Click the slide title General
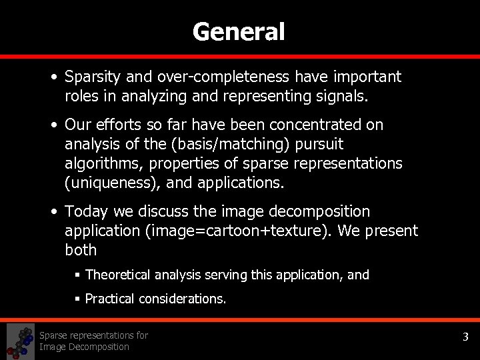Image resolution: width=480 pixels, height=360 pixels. pyautogui.click(x=239, y=31)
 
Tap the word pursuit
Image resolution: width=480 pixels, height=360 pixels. pyautogui.click(x=319, y=143)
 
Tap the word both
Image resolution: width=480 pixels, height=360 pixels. pyautogui.click(x=81, y=250)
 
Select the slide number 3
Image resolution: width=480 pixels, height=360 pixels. pyautogui.click(x=466, y=337)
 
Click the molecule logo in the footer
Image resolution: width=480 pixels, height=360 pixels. pyautogui.click(x=21, y=341)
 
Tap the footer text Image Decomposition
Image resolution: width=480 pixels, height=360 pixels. pyautogui.click(x=84, y=347)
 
